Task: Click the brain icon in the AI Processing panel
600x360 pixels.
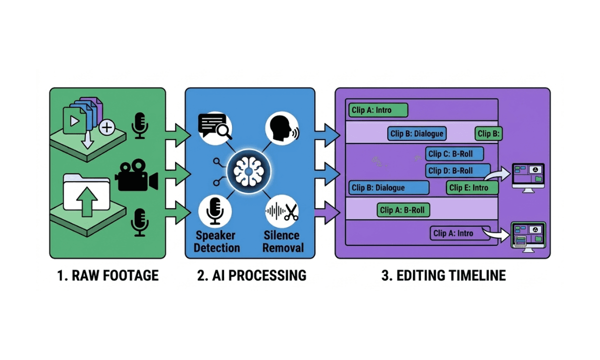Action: click(248, 171)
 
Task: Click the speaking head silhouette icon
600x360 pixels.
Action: click(282, 128)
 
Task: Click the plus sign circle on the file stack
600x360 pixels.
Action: click(106, 128)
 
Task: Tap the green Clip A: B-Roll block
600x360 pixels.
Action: click(403, 210)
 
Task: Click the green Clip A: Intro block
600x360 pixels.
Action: click(377, 110)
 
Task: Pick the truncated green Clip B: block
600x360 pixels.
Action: click(488, 133)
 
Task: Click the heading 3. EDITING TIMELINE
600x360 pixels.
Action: click(443, 275)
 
